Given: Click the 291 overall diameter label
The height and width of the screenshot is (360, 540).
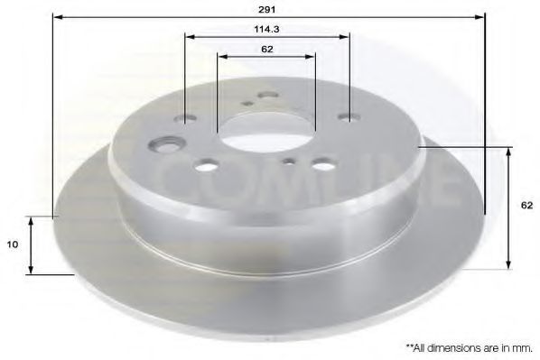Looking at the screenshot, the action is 267,10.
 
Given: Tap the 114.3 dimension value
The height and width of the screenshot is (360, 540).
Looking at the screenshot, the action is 266,30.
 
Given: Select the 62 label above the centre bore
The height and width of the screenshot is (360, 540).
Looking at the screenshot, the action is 267,50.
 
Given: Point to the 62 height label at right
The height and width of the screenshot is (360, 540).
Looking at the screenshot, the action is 527,206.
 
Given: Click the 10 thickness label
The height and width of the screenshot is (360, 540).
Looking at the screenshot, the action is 13,245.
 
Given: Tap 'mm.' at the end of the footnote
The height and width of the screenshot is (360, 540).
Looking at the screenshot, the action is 524,348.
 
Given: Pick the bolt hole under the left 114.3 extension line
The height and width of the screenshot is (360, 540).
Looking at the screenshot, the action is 185,119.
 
